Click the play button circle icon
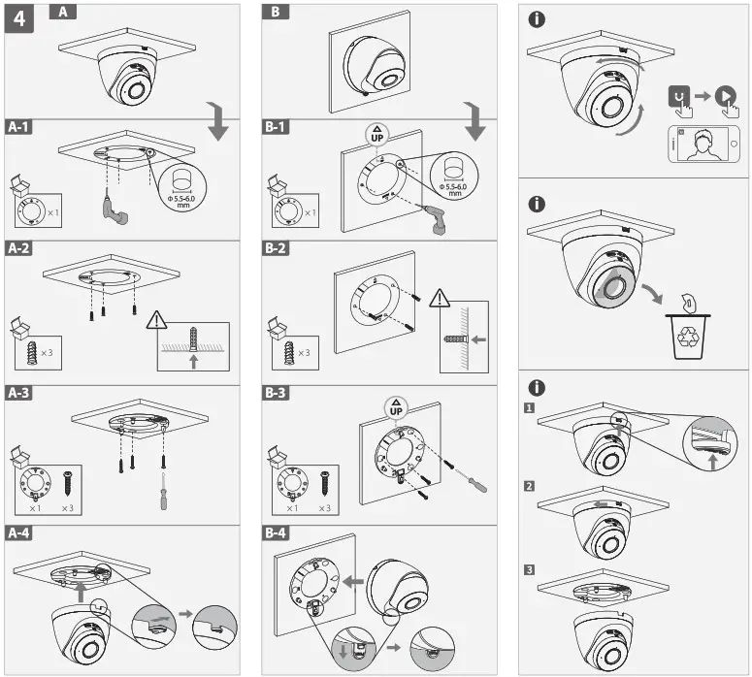[725, 96]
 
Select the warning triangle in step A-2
[157, 320]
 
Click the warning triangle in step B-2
[440, 298]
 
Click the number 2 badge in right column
[529, 483]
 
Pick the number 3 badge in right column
[529, 569]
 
